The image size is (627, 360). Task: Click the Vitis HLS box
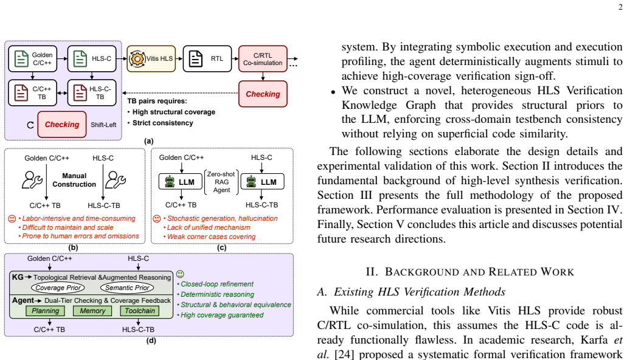(151, 59)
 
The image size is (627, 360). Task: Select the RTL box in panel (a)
(207, 59)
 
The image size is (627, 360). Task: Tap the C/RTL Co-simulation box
(263, 59)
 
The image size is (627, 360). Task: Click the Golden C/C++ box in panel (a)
(32, 59)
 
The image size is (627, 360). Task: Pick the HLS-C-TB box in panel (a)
(92, 93)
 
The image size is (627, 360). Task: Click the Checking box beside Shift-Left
(62, 125)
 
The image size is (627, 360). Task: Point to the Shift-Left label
(103, 125)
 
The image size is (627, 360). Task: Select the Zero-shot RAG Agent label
(221, 182)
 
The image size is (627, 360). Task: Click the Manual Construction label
(74, 180)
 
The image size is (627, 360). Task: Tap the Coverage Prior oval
(58, 288)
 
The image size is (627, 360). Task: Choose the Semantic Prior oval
(127, 288)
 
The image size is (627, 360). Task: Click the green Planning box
(45, 311)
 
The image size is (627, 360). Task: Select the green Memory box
(92, 311)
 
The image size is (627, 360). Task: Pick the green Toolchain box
(139, 311)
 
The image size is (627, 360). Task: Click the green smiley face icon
(181, 274)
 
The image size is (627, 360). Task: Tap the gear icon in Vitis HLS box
(137, 59)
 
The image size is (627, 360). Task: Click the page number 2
(620, 7)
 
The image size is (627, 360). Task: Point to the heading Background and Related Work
(469, 272)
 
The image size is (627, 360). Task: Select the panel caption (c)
(221, 247)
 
